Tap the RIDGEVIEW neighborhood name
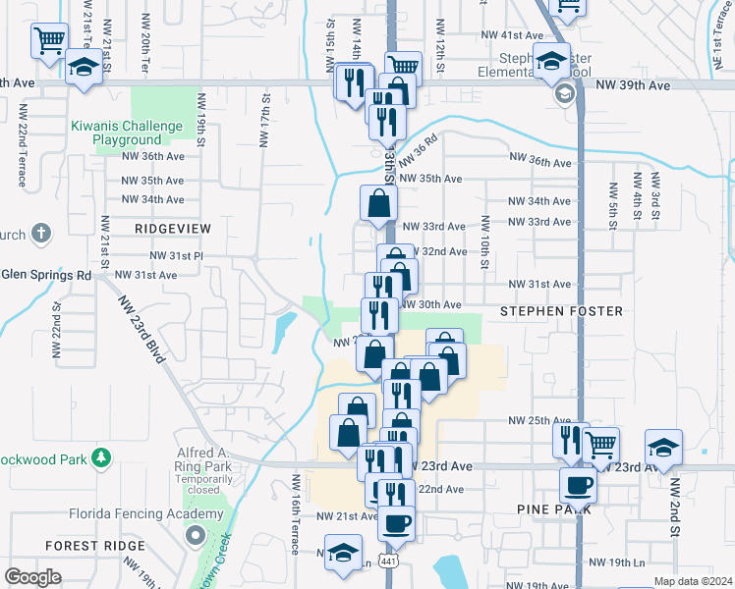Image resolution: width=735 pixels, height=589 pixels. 174,228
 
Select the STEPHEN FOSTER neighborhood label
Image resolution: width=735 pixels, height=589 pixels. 561,311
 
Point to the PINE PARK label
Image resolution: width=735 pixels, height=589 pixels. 553,509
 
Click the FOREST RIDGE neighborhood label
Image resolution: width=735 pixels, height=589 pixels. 85,545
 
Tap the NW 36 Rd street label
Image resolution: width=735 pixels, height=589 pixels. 419,146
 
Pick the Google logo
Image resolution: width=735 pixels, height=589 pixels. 32,577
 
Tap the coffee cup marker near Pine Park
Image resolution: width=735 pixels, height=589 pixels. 578,483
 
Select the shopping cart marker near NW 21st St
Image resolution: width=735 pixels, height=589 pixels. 49,41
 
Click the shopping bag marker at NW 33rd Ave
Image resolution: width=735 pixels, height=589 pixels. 378,203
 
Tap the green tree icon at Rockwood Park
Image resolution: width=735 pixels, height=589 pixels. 99,457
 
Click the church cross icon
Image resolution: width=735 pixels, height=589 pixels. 39,234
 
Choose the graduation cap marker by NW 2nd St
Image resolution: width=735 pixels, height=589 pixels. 664,447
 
